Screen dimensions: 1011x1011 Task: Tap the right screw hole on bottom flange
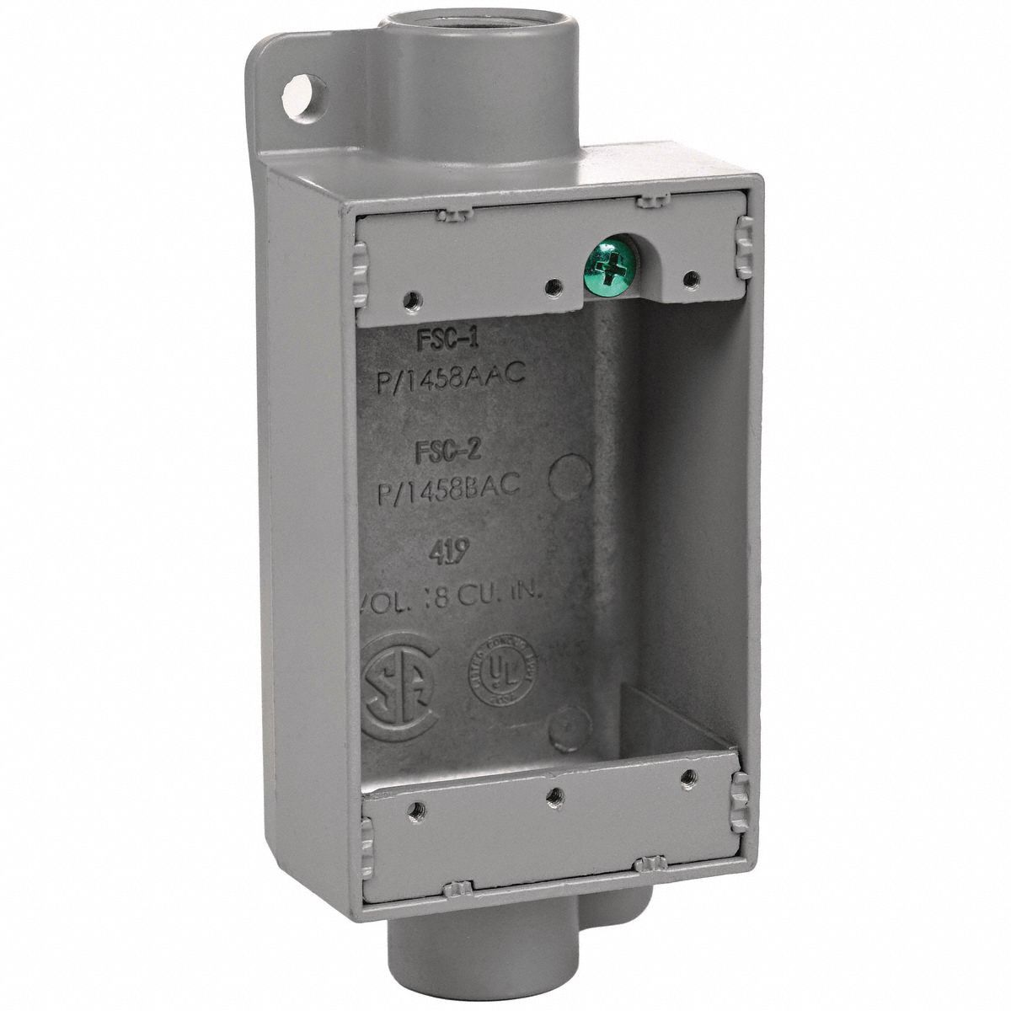click(x=689, y=776)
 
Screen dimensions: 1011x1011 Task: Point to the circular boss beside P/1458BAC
click(x=570, y=478)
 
